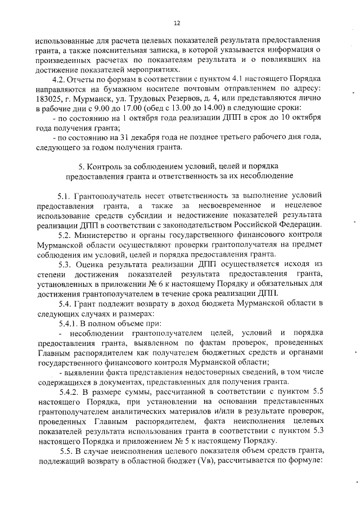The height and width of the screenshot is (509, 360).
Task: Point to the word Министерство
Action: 110,235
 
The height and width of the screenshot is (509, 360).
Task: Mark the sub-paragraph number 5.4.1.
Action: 69,323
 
